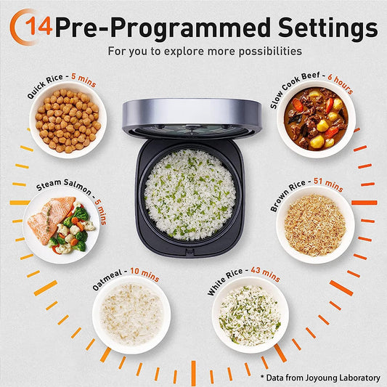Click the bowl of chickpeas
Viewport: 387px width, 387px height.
pyautogui.click(x=68, y=120)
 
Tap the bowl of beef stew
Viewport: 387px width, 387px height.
pyautogui.click(x=315, y=119)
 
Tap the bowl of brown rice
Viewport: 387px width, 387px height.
pyautogui.click(x=314, y=224)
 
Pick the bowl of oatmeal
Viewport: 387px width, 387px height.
pyautogui.click(x=131, y=314)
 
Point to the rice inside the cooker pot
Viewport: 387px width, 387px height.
pyautogui.click(x=190, y=194)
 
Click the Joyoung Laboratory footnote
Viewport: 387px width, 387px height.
pyautogui.click(x=319, y=378)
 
